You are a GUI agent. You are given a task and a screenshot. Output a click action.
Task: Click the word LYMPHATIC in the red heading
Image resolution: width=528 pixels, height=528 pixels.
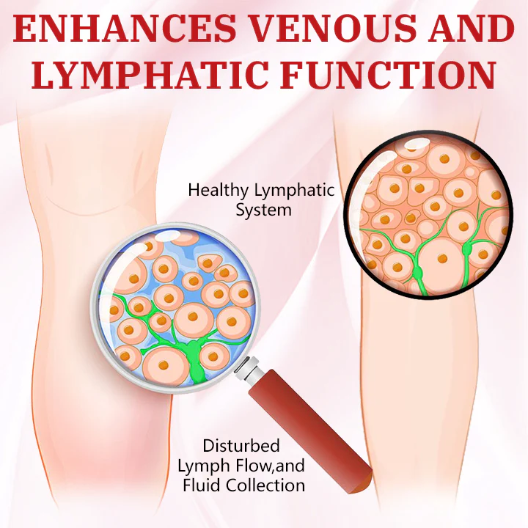point(166,76)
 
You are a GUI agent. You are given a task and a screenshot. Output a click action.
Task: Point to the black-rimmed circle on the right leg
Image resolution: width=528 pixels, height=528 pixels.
point(428,216)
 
